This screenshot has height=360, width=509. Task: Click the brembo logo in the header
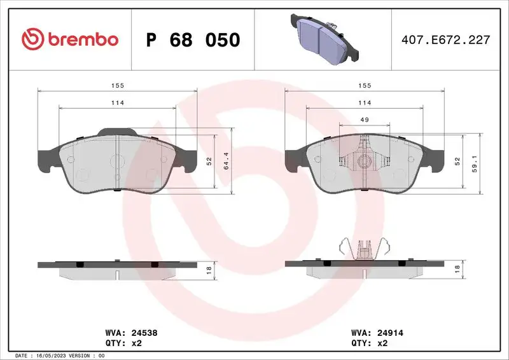(x=69, y=39)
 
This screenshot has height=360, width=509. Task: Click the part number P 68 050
(x=193, y=40)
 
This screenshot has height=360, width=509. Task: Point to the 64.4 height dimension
(x=225, y=162)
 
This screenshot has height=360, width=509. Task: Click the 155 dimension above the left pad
(x=116, y=85)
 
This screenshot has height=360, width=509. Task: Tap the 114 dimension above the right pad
(x=365, y=102)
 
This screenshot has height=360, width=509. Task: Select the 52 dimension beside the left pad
(x=209, y=162)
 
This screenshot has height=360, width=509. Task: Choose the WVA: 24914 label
(x=378, y=332)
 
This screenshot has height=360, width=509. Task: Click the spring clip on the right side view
(x=365, y=248)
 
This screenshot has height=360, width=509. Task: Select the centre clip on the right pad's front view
(x=365, y=159)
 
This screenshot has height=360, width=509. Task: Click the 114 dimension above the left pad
(x=116, y=102)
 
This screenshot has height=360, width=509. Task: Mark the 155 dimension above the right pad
(x=365, y=85)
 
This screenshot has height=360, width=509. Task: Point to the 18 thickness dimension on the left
(x=209, y=270)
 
